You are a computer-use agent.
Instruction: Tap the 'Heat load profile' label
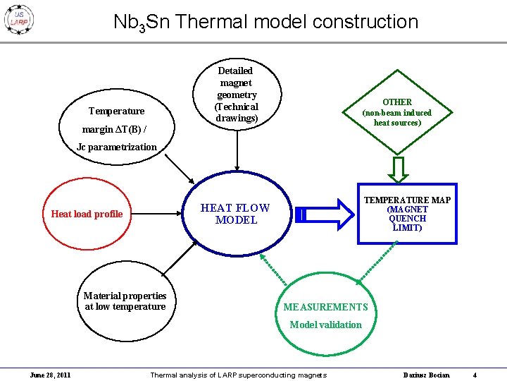[87, 214]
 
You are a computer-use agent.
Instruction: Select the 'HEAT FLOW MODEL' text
[235, 214]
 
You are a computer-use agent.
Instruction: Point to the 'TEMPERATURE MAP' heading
[407, 200]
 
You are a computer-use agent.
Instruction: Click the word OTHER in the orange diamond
[396, 102]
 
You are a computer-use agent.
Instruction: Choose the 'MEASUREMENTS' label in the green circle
[325, 307]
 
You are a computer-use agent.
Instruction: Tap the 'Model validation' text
[325, 325]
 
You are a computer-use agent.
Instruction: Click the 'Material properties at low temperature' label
[125, 301]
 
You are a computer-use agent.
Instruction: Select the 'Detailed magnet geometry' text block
[236, 95]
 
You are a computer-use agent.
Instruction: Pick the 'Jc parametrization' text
[117, 147]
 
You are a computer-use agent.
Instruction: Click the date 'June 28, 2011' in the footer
[50, 375]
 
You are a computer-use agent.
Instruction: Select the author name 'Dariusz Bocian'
[425, 375]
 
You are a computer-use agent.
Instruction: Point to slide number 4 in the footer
[475, 375]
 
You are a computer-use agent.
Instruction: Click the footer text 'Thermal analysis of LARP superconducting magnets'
[238, 375]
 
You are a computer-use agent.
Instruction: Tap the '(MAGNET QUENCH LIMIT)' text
[407, 219]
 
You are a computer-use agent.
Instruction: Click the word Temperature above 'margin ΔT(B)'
[116, 111]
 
